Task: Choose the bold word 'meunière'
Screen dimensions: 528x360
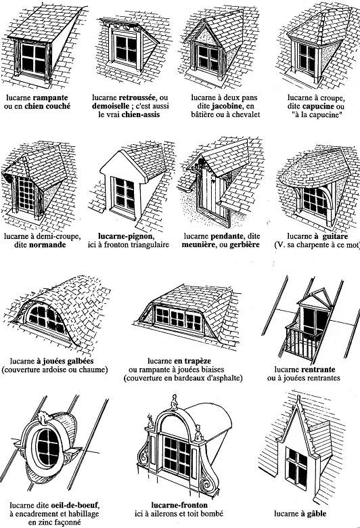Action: pyautogui.click(x=202, y=246)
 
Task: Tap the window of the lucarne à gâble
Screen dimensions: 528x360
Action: pyautogui.click(x=298, y=462)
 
